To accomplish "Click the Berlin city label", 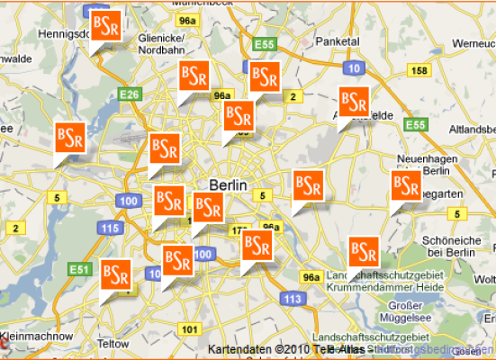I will point(227,184).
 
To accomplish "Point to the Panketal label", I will point(339,41).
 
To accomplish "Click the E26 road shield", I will point(130,93).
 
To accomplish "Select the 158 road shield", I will point(419,70).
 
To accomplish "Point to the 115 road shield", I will point(111,229).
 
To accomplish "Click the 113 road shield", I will point(292,298).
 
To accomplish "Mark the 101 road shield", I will point(189,329).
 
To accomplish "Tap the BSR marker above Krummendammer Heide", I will point(364,250).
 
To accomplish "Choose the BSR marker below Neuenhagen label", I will point(406,186).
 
